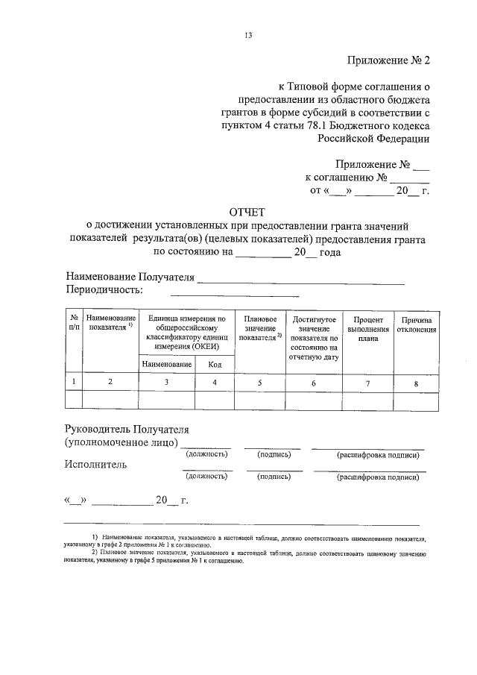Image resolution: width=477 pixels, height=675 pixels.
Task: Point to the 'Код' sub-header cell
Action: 215,364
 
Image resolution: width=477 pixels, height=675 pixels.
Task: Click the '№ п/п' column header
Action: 75,322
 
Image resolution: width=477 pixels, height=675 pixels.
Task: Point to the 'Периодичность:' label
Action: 104,289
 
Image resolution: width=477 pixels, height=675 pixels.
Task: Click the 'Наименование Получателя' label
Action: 130,277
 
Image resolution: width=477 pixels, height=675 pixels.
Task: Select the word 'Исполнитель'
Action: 96,465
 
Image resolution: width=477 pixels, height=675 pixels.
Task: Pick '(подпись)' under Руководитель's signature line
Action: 274,453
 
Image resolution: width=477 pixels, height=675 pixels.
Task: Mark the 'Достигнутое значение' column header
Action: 313,333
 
